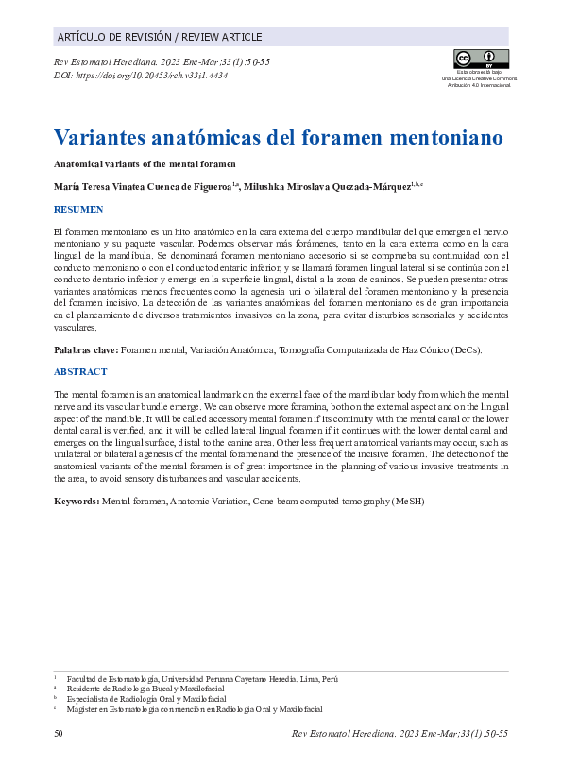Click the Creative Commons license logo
tap(482, 59)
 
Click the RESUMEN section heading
tap(78, 209)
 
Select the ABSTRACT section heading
tap(80, 372)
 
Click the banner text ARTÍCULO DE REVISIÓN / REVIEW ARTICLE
tap(160, 37)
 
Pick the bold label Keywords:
tap(77, 501)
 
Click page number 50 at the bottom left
tap(60, 734)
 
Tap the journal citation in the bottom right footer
tap(400, 734)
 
